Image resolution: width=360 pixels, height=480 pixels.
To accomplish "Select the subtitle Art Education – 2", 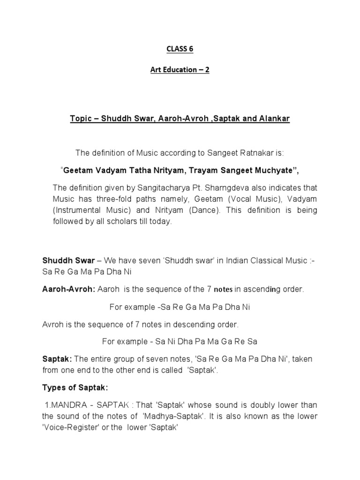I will click(180, 69).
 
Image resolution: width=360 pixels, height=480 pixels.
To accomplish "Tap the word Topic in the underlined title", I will click(80, 119).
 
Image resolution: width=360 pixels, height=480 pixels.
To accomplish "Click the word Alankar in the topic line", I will click(276, 119).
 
